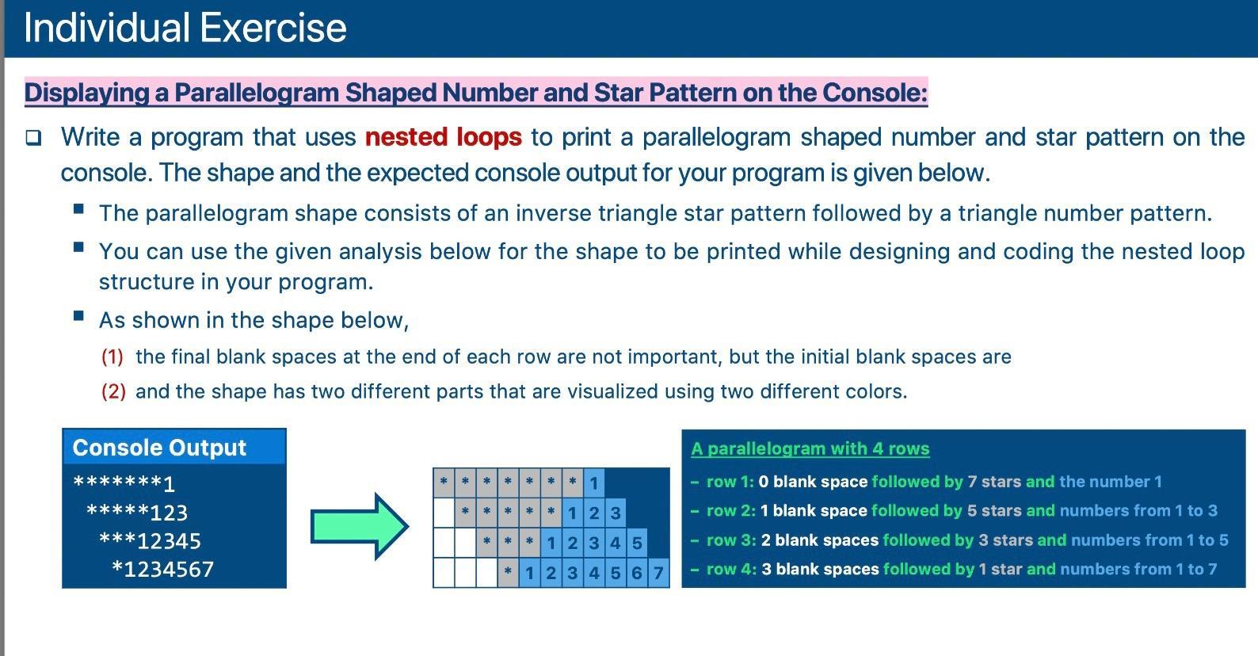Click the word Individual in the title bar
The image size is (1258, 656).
(x=105, y=28)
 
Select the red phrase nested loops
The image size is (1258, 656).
(x=443, y=137)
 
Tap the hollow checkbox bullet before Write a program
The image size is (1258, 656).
(x=33, y=138)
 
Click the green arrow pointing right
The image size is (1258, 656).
(x=360, y=526)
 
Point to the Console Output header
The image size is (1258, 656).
(x=159, y=448)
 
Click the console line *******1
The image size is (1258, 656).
(x=124, y=482)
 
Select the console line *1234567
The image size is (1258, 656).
(x=162, y=570)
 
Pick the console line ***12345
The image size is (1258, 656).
(x=150, y=541)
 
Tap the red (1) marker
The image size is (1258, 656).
(x=112, y=357)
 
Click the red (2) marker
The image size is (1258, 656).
(x=112, y=391)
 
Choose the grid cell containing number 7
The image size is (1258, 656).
(x=658, y=572)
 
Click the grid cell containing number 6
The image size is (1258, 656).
(x=637, y=572)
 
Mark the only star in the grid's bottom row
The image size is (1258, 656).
(x=508, y=572)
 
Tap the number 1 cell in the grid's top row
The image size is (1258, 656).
(x=593, y=482)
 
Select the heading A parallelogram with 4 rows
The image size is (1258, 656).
(x=810, y=448)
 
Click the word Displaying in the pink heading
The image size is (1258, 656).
(x=86, y=93)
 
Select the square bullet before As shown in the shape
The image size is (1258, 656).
(x=78, y=316)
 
